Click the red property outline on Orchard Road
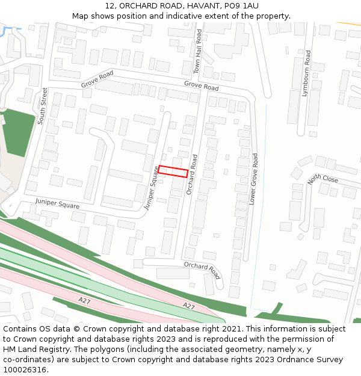173,171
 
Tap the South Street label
42,106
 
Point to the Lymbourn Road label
307,70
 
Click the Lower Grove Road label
254,179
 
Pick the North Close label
322,179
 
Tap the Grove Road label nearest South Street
97,79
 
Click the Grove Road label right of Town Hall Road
202,87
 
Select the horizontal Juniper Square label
57,203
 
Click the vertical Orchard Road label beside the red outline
193,174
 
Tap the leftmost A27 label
85,300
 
